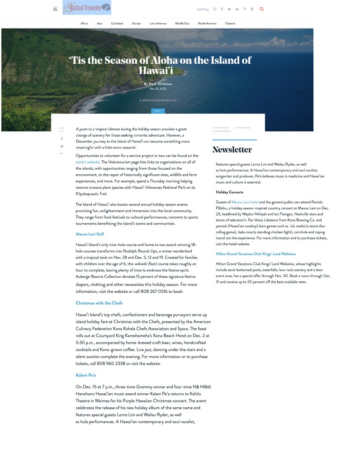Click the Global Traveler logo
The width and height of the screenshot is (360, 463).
coord(87,8)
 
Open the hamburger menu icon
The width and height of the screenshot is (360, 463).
coord(55,9)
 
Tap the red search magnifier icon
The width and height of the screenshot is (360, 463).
coord(261,9)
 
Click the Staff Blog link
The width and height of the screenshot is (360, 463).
coord(203,9)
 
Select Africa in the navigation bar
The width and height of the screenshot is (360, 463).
coord(84,24)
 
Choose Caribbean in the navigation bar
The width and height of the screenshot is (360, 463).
coord(117,24)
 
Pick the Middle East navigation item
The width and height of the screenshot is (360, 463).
coord(182,24)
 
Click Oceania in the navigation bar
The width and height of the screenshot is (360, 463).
coord(230,24)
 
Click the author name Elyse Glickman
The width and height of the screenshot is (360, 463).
coord(157,84)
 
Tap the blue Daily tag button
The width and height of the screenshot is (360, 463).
coord(158,111)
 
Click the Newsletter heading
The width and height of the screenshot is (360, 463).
coord(232,150)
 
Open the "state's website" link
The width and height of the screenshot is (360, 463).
coord(87,162)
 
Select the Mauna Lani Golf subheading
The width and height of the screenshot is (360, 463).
coord(90,234)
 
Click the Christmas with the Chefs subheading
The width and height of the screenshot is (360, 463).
coord(99,303)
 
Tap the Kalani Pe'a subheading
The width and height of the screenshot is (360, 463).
coord(85,375)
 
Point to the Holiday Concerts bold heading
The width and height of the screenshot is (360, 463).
coord(229,192)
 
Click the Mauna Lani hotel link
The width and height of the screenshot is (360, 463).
coord(245,202)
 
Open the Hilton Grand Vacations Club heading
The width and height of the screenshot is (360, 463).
coord(256,254)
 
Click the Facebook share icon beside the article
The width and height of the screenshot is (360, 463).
coord(62,139)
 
